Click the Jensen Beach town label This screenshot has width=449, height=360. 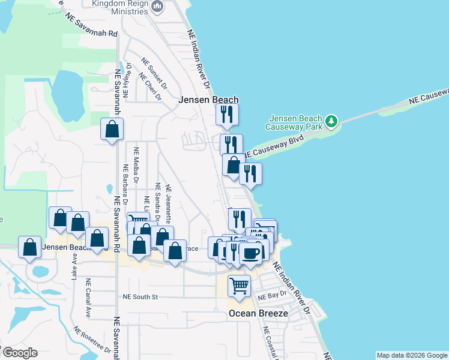[x=209, y=100]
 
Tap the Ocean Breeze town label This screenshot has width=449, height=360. [x=258, y=313]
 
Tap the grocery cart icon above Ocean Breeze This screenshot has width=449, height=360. [x=239, y=286]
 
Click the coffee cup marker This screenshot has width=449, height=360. [x=250, y=253]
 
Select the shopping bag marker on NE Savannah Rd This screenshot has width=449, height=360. [x=112, y=128]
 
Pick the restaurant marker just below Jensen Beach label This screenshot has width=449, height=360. [x=227, y=114]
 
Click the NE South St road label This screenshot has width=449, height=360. [x=140, y=296]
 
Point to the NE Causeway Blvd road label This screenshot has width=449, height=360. [x=278, y=147]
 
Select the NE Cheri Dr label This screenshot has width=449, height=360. [x=149, y=88]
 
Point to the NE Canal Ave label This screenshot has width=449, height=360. [x=88, y=298]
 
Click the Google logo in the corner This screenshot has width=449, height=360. [x=19, y=353]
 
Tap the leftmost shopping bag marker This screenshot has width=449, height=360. [x=29, y=247]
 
